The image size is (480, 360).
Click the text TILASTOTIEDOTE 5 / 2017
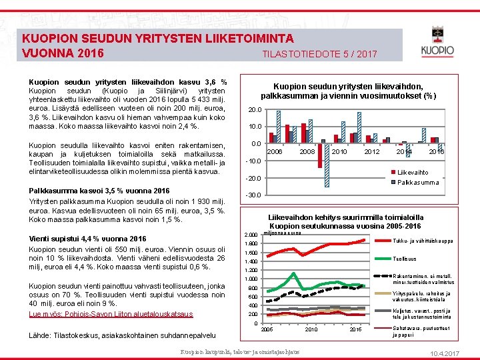[x=319, y=53]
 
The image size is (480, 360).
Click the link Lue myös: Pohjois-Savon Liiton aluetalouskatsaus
[x=111, y=313]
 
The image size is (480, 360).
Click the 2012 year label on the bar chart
[x=371, y=152]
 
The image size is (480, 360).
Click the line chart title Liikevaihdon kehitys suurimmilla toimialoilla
[x=345, y=217]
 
